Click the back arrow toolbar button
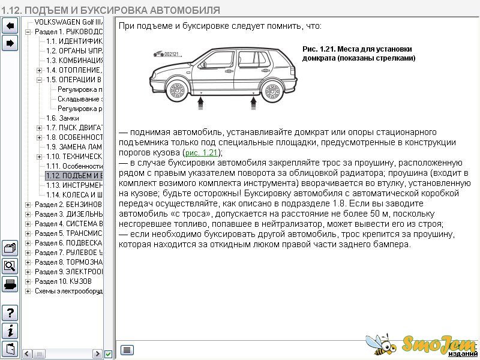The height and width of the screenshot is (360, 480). (x=10, y=26)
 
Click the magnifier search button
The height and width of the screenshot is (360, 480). (x=10, y=266)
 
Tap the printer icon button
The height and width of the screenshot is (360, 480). (x=10, y=284)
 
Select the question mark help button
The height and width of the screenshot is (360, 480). (x=10, y=313)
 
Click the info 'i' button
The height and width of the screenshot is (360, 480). (x=10, y=331)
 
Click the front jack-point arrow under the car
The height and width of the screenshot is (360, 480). (x=200, y=103)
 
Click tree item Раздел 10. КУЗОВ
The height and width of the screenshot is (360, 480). (x=63, y=281)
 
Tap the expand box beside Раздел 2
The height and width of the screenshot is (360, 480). (x=28, y=205)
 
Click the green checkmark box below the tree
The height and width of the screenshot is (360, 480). (x=108, y=354)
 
